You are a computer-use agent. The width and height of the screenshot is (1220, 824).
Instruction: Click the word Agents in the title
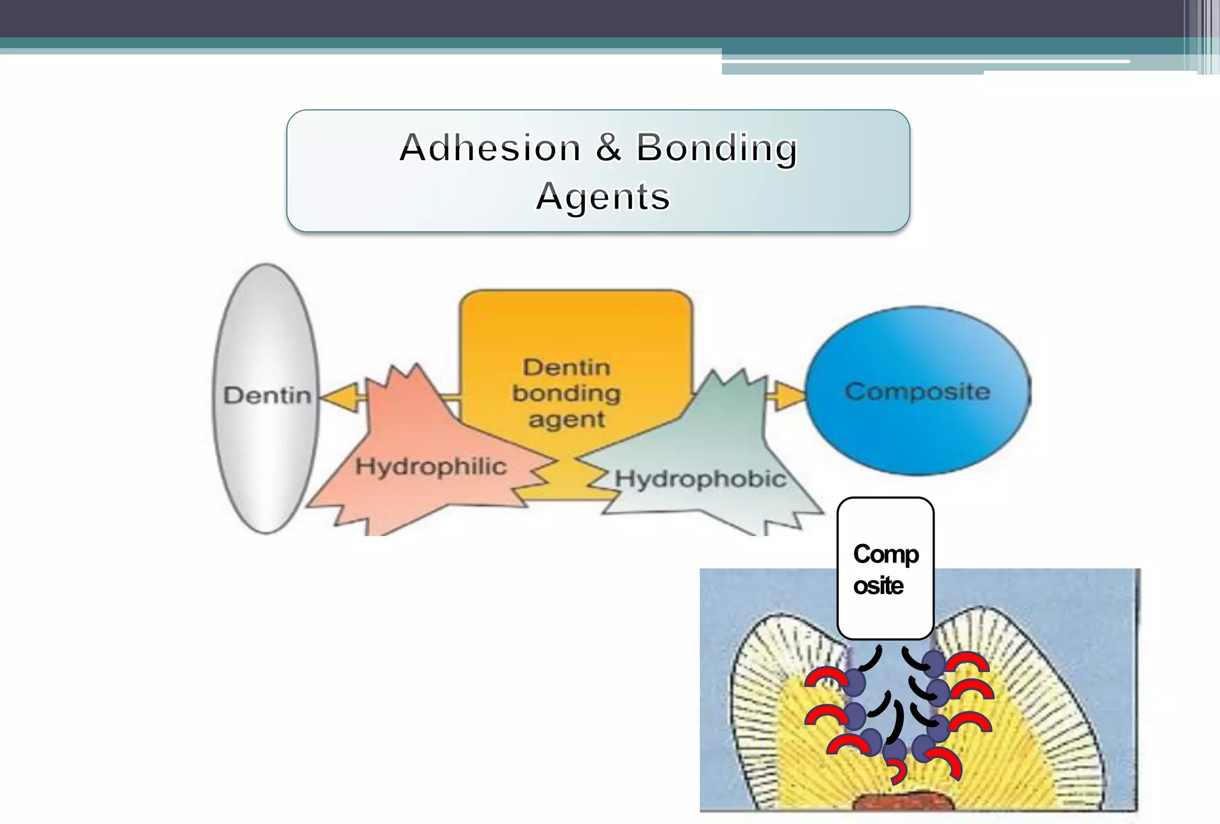[603, 197]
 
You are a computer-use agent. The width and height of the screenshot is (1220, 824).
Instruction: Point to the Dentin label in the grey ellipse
[267, 395]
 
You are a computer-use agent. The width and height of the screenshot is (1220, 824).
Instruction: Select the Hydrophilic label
[431, 466]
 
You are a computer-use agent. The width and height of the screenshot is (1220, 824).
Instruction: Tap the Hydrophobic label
[700, 478]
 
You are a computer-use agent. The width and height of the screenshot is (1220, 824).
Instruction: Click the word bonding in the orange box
[567, 393]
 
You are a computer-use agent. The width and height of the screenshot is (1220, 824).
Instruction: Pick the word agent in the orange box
[567, 419]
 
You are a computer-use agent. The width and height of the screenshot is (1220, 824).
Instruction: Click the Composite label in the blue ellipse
[917, 391]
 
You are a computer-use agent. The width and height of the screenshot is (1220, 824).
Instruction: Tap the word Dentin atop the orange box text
[567, 367]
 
